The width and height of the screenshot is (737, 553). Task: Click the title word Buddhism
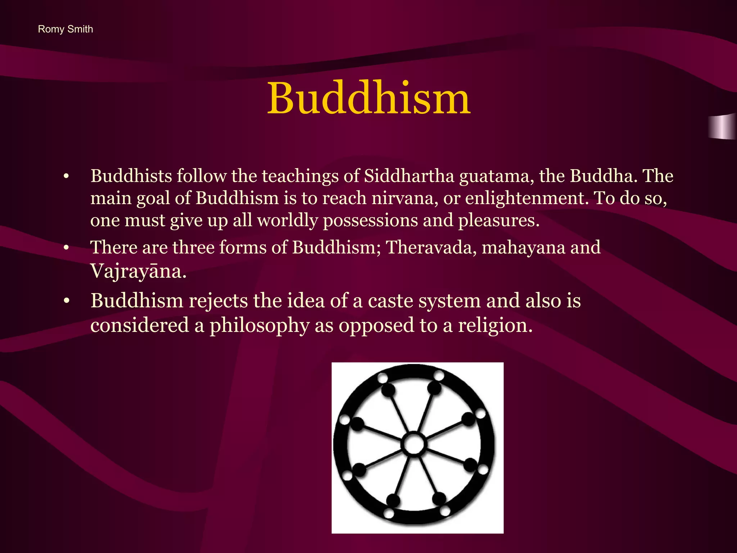[x=368, y=98]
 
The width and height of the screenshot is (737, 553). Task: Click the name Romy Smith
[x=65, y=29]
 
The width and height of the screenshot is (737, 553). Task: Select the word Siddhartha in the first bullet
[x=409, y=176]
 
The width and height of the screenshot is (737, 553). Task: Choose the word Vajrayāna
[x=138, y=271]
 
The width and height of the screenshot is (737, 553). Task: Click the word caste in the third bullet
[x=390, y=301]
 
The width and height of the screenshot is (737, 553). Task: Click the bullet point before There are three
[x=66, y=248]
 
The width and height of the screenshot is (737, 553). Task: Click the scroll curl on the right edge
[x=723, y=126]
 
